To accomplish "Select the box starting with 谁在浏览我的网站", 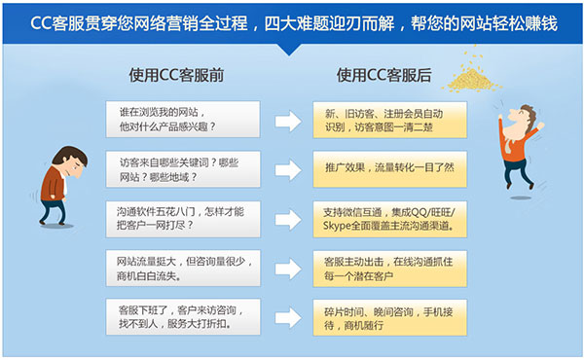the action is pyautogui.click(x=182, y=119).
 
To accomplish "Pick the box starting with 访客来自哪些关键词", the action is pyautogui.click(x=182, y=168).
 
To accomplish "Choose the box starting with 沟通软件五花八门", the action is pyautogui.click(x=182, y=218).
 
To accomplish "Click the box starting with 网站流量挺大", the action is pyautogui.click(x=182, y=268).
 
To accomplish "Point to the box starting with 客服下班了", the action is pyautogui.click(x=182, y=317).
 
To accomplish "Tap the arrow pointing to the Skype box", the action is pyautogui.click(x=287, y=219).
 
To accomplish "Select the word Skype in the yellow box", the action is pyautogui.click(x=338, y=227).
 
